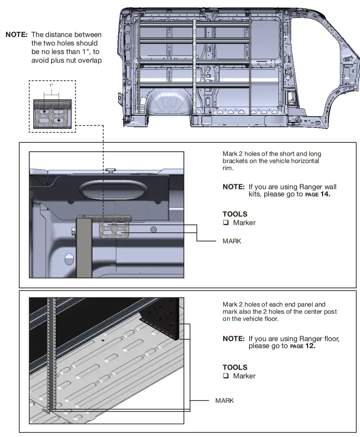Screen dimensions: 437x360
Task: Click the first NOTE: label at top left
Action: (17, 35)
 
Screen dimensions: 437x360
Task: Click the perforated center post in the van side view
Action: (195, 68)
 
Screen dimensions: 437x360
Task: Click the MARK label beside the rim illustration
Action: (232, 241)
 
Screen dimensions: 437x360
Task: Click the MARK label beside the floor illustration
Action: (224, 401)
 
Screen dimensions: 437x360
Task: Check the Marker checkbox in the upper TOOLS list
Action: (225, 223)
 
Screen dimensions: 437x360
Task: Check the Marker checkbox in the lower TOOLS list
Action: (225, 376)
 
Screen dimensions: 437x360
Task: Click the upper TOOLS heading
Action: (235, 214)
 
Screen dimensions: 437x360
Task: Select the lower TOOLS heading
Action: (235, 367)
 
